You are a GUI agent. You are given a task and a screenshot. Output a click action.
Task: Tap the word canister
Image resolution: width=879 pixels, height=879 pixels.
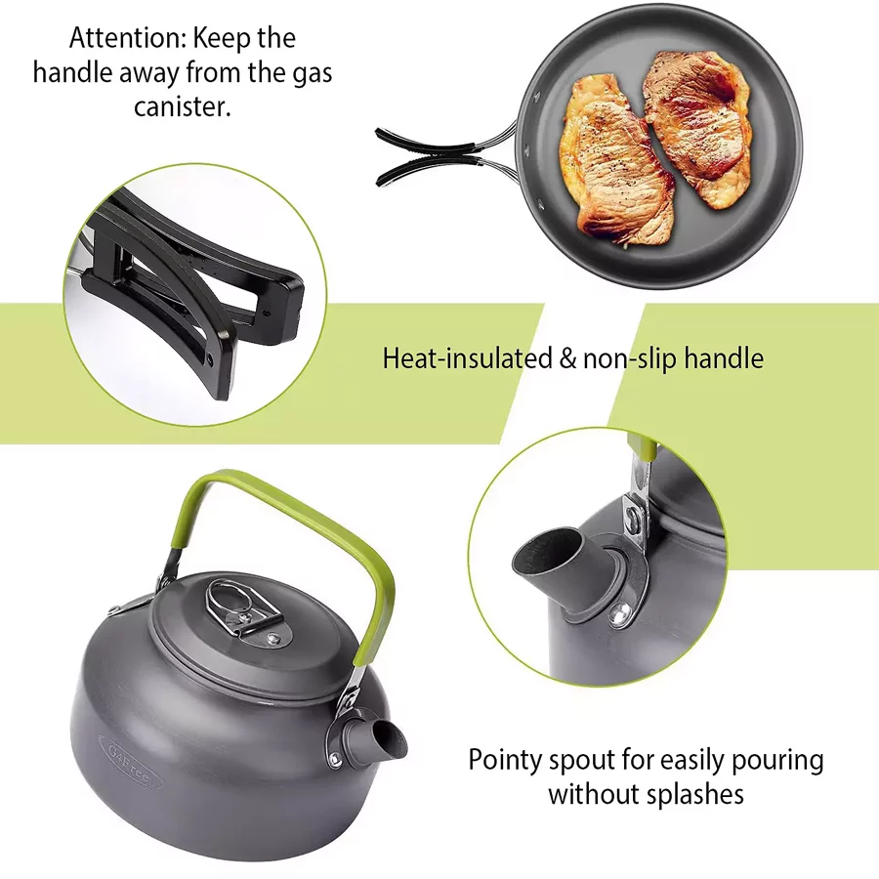[x=183, y=106]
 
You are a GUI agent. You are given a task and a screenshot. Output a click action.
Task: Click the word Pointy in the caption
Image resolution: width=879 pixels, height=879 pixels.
[x=506, y=761]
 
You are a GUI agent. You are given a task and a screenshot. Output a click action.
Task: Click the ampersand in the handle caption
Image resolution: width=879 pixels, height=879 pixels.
[x=567, y=358]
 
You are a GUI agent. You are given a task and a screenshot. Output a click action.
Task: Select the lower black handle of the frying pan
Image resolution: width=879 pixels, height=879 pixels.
[x=429, y=169]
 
